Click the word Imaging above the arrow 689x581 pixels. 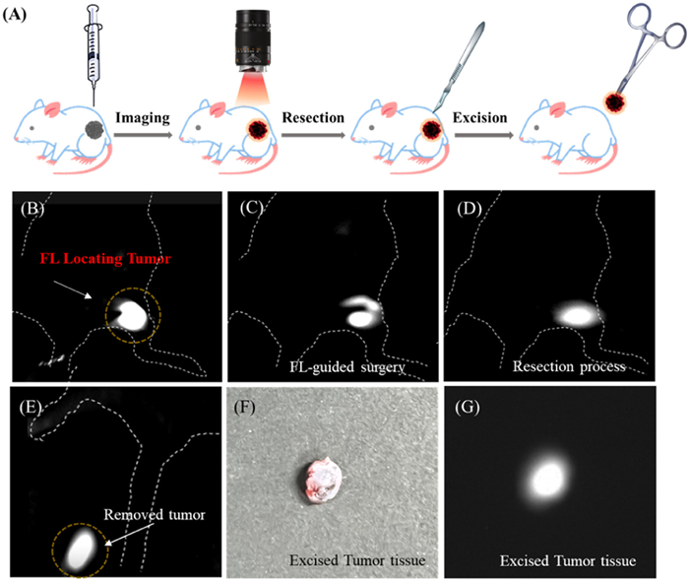point(145,118)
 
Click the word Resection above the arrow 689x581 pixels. point(313,118)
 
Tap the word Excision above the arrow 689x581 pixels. point(479,118)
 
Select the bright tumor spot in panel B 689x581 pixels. point(130,314)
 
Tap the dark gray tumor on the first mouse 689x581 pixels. point(96,128)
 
